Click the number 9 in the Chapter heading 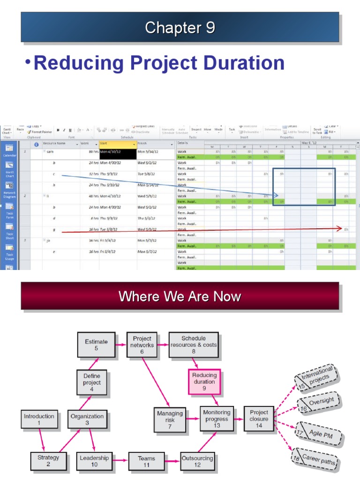(x=209, y=28)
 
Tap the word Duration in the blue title (x=244, y=63)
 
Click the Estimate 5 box (x=96, y=345)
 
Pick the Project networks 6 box (x=142, y=345)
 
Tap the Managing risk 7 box (x=170, y=420)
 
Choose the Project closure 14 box (x=259, y=419)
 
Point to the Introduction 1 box (x=39, y=419)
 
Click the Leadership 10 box (x=94, y=461)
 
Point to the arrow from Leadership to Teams (x=120, y=462)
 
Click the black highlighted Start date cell (x=118, y=151)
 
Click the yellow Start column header (x=118, y=144)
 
